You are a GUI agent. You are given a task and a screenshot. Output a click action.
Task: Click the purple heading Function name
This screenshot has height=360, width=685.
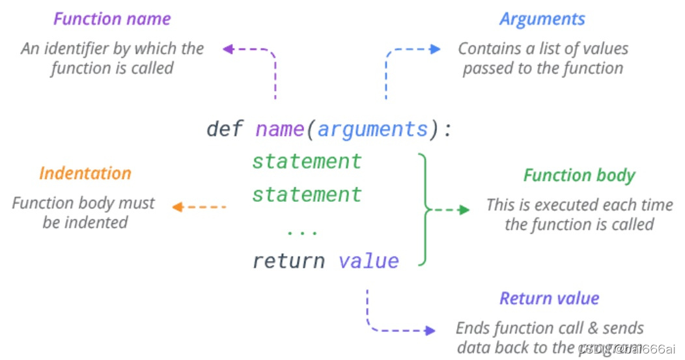click(x=112, y=19)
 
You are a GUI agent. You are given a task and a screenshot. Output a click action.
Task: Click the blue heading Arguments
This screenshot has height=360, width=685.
click(x=542, y=19)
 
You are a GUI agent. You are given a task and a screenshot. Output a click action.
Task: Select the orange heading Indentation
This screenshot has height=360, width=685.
click(x=85, y=173)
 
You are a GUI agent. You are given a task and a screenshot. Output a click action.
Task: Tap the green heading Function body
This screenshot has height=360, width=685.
click(x=579, y=175)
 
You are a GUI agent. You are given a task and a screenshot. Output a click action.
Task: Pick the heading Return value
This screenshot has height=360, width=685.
click(x=549, y=298)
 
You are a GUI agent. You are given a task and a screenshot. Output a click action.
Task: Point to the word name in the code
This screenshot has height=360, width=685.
click(x=279, y=129)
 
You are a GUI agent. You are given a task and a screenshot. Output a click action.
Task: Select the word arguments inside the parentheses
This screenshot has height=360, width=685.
click(x=373, y=129)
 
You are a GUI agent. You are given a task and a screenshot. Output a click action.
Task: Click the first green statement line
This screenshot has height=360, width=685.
click(x=307, y=161)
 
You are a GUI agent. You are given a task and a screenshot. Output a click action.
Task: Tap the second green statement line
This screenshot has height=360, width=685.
click(x=307, y=194)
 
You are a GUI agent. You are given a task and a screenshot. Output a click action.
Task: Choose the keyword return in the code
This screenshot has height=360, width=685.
click(x=288, y=261)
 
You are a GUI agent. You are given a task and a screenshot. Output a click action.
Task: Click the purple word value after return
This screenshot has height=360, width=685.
click(x=369, y=261)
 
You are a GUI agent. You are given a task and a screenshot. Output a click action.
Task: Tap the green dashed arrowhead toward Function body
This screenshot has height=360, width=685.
click(x=464, y=210)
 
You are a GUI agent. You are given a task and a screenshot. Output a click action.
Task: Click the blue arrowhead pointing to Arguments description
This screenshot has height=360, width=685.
click(x=436, y=49)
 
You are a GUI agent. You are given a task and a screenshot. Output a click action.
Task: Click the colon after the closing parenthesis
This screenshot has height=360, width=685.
click(x=447, y=129)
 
